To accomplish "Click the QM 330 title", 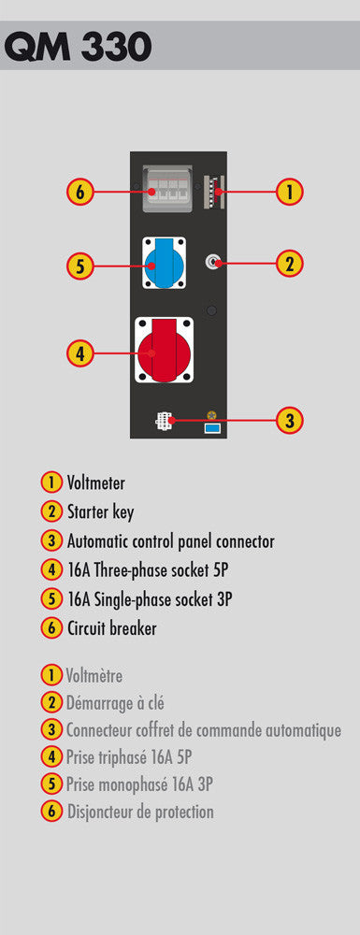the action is point(78,46).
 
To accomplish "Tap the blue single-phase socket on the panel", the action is point(164,263).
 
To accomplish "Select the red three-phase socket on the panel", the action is point(164,350).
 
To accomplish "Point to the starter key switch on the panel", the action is point(213,263).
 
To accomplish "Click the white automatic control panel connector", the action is point(164,421).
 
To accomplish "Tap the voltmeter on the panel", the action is point(213,192).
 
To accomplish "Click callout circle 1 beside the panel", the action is point(290,192).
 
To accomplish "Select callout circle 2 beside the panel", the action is point(290,263).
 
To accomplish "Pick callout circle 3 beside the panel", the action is point(290,421).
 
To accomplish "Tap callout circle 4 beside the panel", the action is point(79,353).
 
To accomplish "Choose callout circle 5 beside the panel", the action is point(79,266).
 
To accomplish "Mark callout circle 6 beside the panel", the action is point(79,192).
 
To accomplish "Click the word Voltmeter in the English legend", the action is point(96,482).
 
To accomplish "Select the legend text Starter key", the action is point(100,512).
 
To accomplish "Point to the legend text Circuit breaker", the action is point(111,628).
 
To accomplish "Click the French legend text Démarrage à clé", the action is point(115,703).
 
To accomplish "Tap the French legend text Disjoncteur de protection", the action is point(140,812).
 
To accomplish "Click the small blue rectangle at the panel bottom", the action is point(212,428).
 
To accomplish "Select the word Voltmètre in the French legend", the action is point(94,676).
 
